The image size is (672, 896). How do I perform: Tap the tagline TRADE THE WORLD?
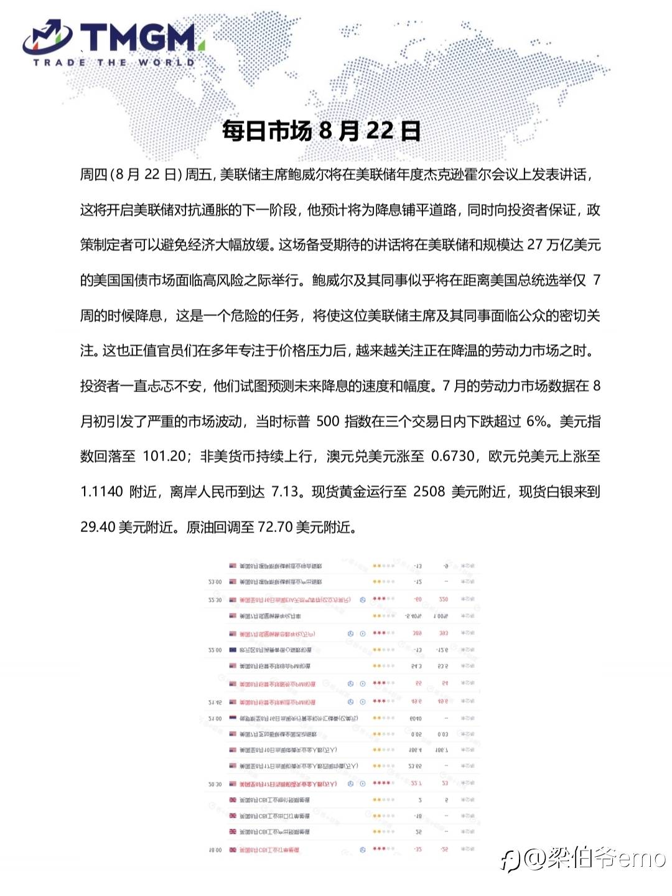[x=114, y=62]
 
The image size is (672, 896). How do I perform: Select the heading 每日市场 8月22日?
[x=321, y=131]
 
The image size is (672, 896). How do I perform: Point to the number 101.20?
[x=165, y=456]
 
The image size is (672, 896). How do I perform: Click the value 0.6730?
[x=453, y=456]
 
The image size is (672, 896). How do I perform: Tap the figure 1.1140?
[x=102, y=492]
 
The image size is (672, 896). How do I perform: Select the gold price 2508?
[x=429, y=492]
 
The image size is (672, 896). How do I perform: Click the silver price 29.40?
[x=98, y=527]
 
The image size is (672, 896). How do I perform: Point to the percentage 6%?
[x=536, y=421]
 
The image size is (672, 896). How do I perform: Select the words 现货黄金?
[x=338, y=492]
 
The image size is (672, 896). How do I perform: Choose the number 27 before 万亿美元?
[x=535, y=245]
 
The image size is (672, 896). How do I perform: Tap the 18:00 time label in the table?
[x=214, y=850]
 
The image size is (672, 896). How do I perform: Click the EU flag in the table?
[x=233, y=650]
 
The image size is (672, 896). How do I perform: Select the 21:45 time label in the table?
[x=215, y=702]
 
